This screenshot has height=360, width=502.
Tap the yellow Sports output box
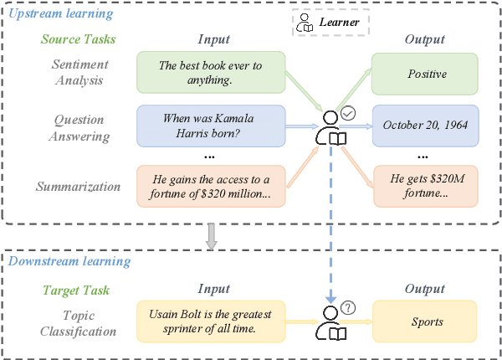pyautogui.click(x=427, y=321)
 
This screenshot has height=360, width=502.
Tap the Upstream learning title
pyautogui.click(x=60, y=14)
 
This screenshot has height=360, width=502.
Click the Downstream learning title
pyautogui.click(x=69, y=261)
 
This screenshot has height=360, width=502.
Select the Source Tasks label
pyautogui.click(x=78, y=39)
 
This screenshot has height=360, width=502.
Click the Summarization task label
pyautogui.click(x=78, y=186)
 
